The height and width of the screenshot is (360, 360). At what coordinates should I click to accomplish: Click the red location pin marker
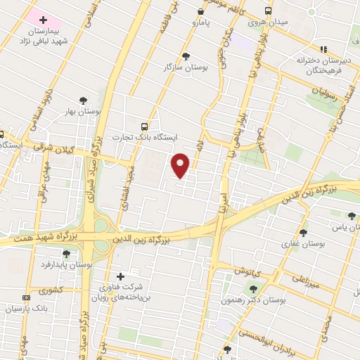[181, 165]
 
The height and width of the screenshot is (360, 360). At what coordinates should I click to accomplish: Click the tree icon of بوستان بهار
[83, 100]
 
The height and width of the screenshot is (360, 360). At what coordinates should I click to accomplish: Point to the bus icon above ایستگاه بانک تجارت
[145, 127]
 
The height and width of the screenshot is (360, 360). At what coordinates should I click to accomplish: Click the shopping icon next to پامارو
[201, 11]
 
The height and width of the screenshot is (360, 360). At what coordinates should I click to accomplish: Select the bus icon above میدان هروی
[268, 11]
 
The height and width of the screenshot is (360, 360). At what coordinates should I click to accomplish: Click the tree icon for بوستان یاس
[352, 215]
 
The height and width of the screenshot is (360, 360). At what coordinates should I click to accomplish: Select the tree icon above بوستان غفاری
[303, 232]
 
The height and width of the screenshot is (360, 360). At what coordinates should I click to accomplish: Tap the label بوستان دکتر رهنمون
[282, 300]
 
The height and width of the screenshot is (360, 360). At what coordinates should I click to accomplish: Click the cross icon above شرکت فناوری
[120, 276]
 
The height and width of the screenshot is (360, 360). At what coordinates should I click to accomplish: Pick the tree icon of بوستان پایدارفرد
[66, 254]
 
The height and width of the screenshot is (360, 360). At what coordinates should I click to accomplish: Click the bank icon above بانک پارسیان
[26, 297]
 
